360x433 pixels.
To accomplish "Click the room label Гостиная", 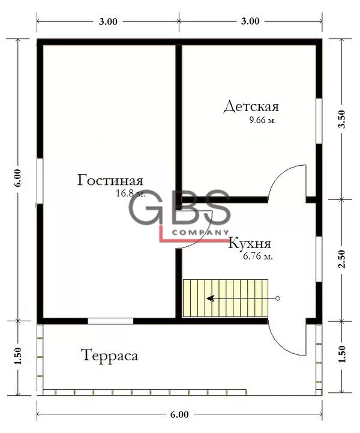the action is tap(110, 181).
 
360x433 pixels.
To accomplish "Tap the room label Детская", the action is tap(251, 106).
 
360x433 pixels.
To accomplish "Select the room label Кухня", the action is tap(250, 244).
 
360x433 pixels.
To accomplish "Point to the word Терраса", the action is tap(110, 356).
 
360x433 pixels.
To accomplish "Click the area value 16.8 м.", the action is tap(130, 193).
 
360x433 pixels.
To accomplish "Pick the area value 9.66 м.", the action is tap(263, 120).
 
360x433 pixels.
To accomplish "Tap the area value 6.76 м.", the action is tap(258, 256).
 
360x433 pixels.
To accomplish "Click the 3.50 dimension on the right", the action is tap(342, 119).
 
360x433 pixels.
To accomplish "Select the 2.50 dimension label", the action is tap(342, 259).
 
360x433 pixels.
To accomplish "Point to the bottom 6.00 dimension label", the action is tap(179, 414).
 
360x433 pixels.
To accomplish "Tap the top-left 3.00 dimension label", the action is tap(108, 22).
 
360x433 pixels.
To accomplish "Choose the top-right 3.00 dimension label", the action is tap(250, 21).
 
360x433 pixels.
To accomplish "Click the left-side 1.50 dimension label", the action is tap(17, 356).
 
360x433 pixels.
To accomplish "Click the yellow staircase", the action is tap(226, 298).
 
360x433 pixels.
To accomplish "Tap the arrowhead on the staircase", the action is tap(210, 298).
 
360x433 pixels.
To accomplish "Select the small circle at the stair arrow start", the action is tap(278, 298).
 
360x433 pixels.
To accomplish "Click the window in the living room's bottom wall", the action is tap(110, 321).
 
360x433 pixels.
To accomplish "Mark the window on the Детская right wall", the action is tap(319, 121).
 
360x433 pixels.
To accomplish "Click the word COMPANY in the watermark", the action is tap(200, 232).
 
